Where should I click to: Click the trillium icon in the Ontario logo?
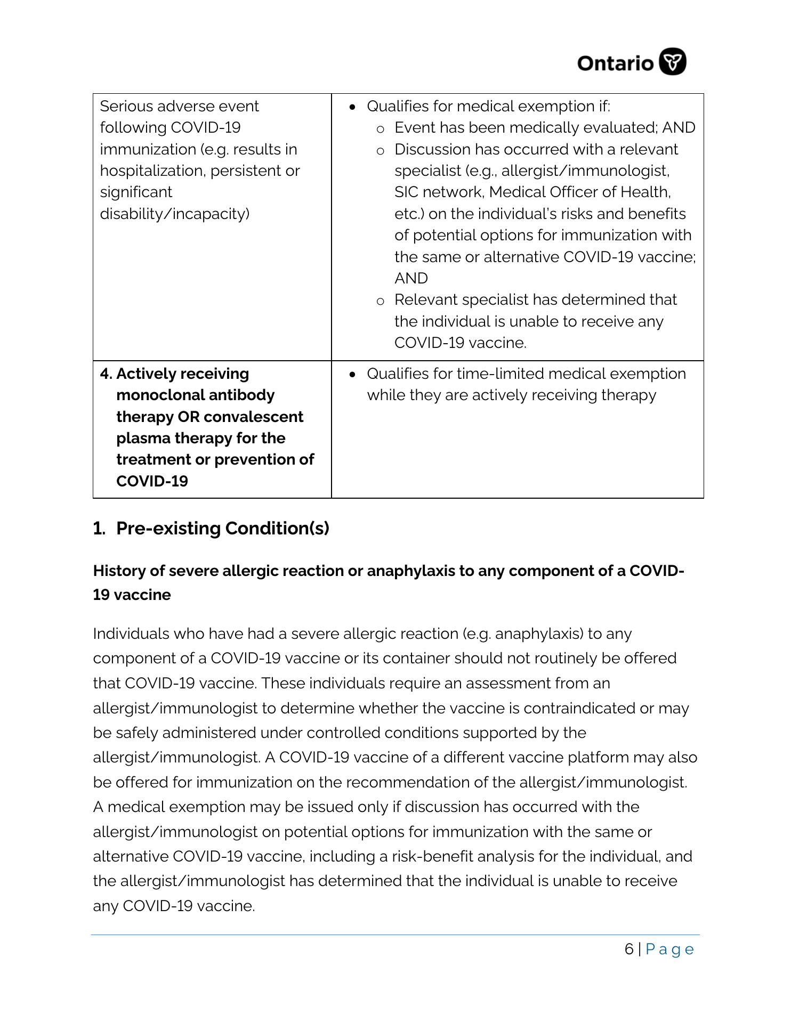(673, 62)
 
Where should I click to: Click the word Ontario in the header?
(615, 63)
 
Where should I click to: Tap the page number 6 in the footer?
(629, 949)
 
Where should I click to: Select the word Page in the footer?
(669, 949)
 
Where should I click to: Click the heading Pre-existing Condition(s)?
(222, 529)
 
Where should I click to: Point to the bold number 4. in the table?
(106, 374)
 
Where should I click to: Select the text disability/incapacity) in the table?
(175, 214)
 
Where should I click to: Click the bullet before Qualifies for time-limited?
(352, 375)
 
